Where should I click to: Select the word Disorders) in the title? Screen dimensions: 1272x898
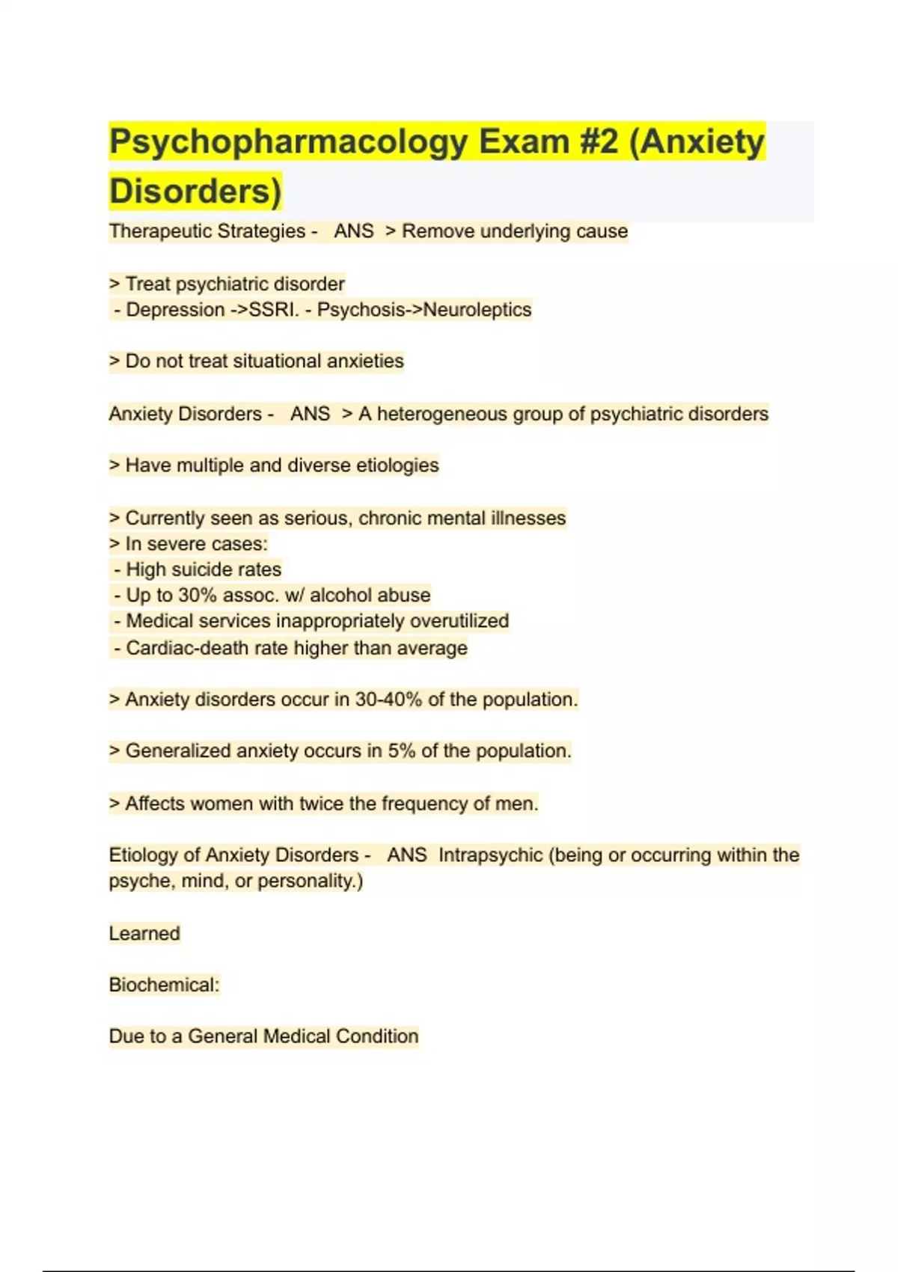click(195, 191)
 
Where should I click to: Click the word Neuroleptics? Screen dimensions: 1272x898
click(477, 310)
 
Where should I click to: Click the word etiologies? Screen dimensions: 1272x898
click(397, 465)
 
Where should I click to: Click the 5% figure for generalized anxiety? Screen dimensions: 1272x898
click(402, 751)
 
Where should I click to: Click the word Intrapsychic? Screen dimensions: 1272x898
click(490, 855)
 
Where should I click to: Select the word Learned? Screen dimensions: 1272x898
click(144, 934)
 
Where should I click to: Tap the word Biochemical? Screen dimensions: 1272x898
click(165, 985)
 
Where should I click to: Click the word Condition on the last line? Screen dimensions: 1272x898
click(377, 1036)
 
